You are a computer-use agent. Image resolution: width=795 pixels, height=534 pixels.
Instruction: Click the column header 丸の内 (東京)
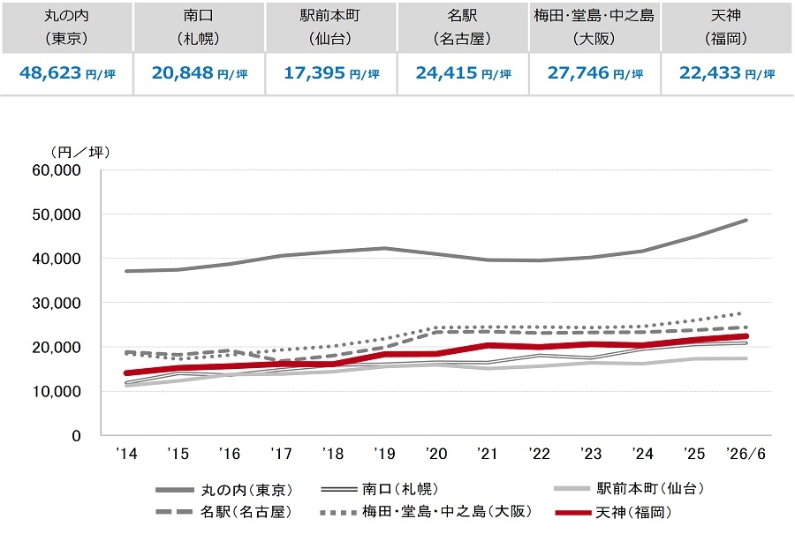click(x=66, y=26)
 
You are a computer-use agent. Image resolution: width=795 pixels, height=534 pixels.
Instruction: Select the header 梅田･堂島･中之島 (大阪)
click(x=594, y=26)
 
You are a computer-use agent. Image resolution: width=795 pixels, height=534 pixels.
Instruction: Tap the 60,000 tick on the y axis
click(x=57, y=170)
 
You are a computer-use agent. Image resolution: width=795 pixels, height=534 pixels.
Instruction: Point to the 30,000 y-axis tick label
click(x=57, y=303)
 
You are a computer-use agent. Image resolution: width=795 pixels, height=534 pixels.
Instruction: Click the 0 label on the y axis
click(x=76, y=436)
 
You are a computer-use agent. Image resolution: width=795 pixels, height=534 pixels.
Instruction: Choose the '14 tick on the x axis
click(x=126, y=454)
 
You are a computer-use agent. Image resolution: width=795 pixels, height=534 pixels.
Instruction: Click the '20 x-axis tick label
click(x=436, y=454)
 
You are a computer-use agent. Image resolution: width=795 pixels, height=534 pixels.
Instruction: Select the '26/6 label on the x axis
click(x=746, y=454)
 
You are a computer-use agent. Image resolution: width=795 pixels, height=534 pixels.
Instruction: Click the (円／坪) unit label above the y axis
click(x=80, y=152)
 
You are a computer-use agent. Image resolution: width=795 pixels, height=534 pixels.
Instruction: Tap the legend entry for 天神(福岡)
click(x=614, y=512)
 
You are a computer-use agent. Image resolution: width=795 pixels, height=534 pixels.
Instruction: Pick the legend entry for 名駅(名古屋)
click(x=224, y=512)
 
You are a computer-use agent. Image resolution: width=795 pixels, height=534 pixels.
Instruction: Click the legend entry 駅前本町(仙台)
click(x=629, y=488)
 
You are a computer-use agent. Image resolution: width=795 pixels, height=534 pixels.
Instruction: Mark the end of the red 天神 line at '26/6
click(x=746, y=336)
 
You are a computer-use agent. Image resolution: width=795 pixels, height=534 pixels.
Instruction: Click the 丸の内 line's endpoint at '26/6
click(x=746, y=221)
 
